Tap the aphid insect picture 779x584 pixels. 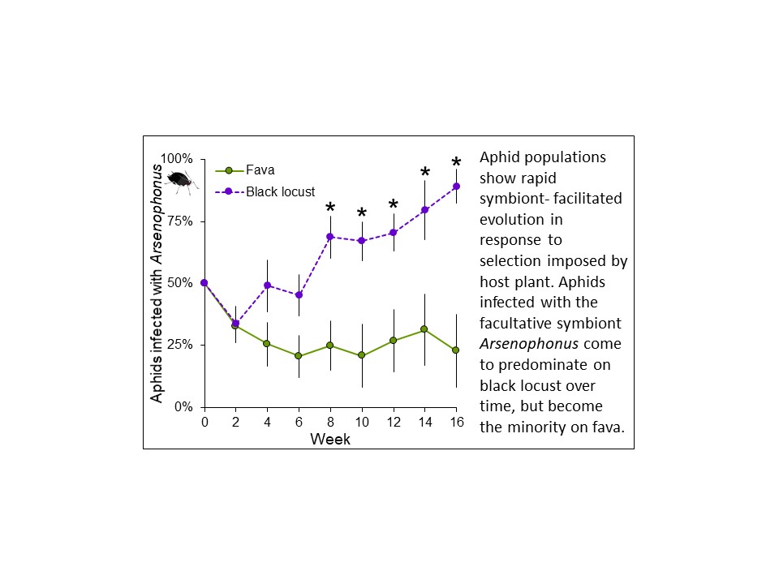(180, 179)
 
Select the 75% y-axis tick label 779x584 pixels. (187, 221)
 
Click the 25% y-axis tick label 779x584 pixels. (187, 345)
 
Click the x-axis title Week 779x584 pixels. (330, 439)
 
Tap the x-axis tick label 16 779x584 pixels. (456, 423)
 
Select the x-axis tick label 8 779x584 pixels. (330, 423)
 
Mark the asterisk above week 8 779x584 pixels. (330, 209)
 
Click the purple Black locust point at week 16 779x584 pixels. (456, 187)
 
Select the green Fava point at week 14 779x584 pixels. (424, 329)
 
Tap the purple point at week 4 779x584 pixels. (267, 286)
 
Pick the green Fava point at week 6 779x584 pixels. (299, 356)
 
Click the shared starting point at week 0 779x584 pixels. (204, 283)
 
